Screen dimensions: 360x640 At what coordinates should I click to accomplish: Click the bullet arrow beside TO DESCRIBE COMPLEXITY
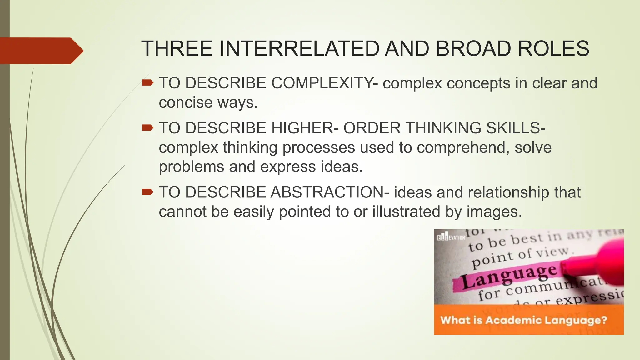point(147,83)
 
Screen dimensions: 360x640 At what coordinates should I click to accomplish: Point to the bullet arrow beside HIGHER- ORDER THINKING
point(147,128)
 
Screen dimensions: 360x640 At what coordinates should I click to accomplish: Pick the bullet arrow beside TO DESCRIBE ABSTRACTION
point(147,192)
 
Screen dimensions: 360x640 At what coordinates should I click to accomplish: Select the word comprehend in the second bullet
point(461,147)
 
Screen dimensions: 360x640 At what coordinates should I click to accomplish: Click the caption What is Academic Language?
point(523,320)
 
